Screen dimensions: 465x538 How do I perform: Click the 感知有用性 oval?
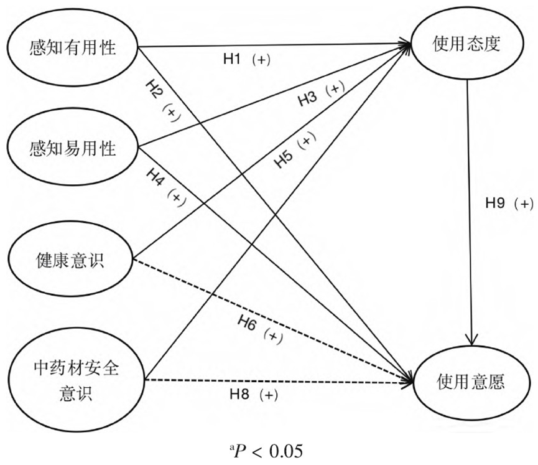click(73, 47)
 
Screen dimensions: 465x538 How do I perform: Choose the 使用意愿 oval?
click(468, 379)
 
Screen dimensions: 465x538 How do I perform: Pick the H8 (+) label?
click(253, 394)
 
